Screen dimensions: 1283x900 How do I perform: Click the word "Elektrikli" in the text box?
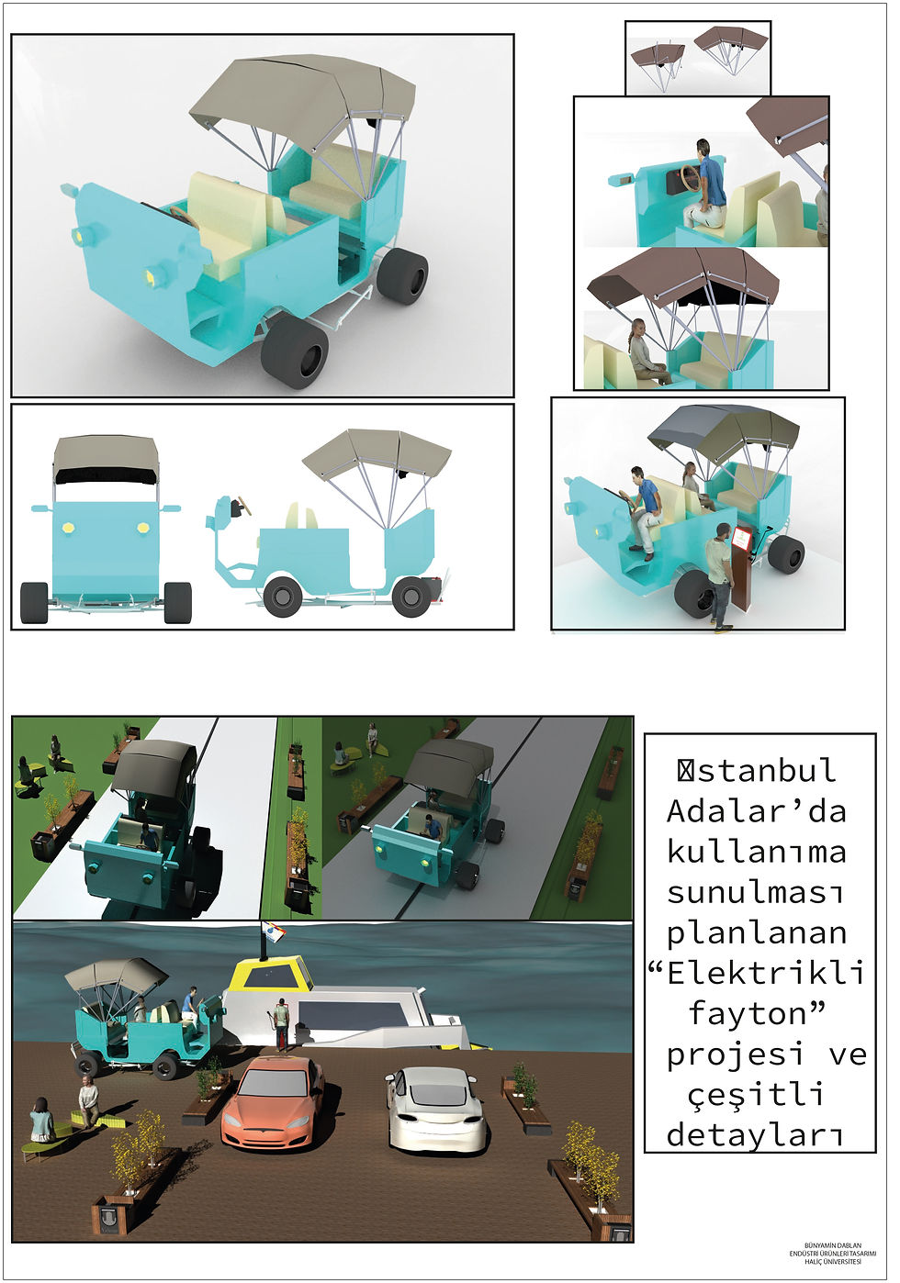pyautogui.click(x=766, y=973)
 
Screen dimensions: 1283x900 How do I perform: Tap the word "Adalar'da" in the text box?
pyautogui.click(x=757, y=811)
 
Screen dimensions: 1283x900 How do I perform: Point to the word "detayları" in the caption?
pyautogui.click(x=755, y=1135)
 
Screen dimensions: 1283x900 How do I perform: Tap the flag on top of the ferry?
pyautogui.click(x=274, y=933)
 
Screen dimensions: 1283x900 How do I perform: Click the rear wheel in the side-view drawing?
pyautogui.click(x=411, y=597)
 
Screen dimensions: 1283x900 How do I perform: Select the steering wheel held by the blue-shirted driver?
pyautogui.click(x=688, y=179)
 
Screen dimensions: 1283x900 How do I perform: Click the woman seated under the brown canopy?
pyautogui.click(x=646, y=353)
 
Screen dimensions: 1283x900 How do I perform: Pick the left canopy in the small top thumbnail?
pyautogui.click(x=657, y=55)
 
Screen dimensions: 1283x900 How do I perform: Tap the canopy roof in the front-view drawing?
pyautogui.click(x=106, y=456)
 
